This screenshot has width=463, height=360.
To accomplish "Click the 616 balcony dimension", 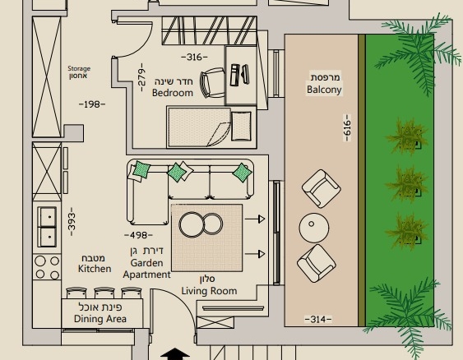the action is (348, 128).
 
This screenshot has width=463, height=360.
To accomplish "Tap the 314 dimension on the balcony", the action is (318, 319).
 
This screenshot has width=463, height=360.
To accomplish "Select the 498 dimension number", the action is (138, 235).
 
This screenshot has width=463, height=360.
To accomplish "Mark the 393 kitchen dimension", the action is (72, 222).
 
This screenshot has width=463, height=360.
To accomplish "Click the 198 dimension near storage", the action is (92, 104).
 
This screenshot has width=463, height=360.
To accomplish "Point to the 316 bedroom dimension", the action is (194, 57).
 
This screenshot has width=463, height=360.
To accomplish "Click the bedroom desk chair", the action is (212, 83).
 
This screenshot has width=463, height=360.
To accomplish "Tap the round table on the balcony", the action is (313, 228).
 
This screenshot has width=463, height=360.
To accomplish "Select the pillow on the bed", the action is (241, 126).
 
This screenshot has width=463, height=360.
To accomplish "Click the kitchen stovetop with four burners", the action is (47, 267).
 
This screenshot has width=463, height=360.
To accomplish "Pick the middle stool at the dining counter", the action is (104, 293).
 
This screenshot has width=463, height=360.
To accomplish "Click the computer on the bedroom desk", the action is (239, 75).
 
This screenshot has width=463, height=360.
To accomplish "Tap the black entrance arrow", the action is (175, 353).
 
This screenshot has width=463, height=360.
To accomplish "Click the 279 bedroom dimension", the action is (142, 77).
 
